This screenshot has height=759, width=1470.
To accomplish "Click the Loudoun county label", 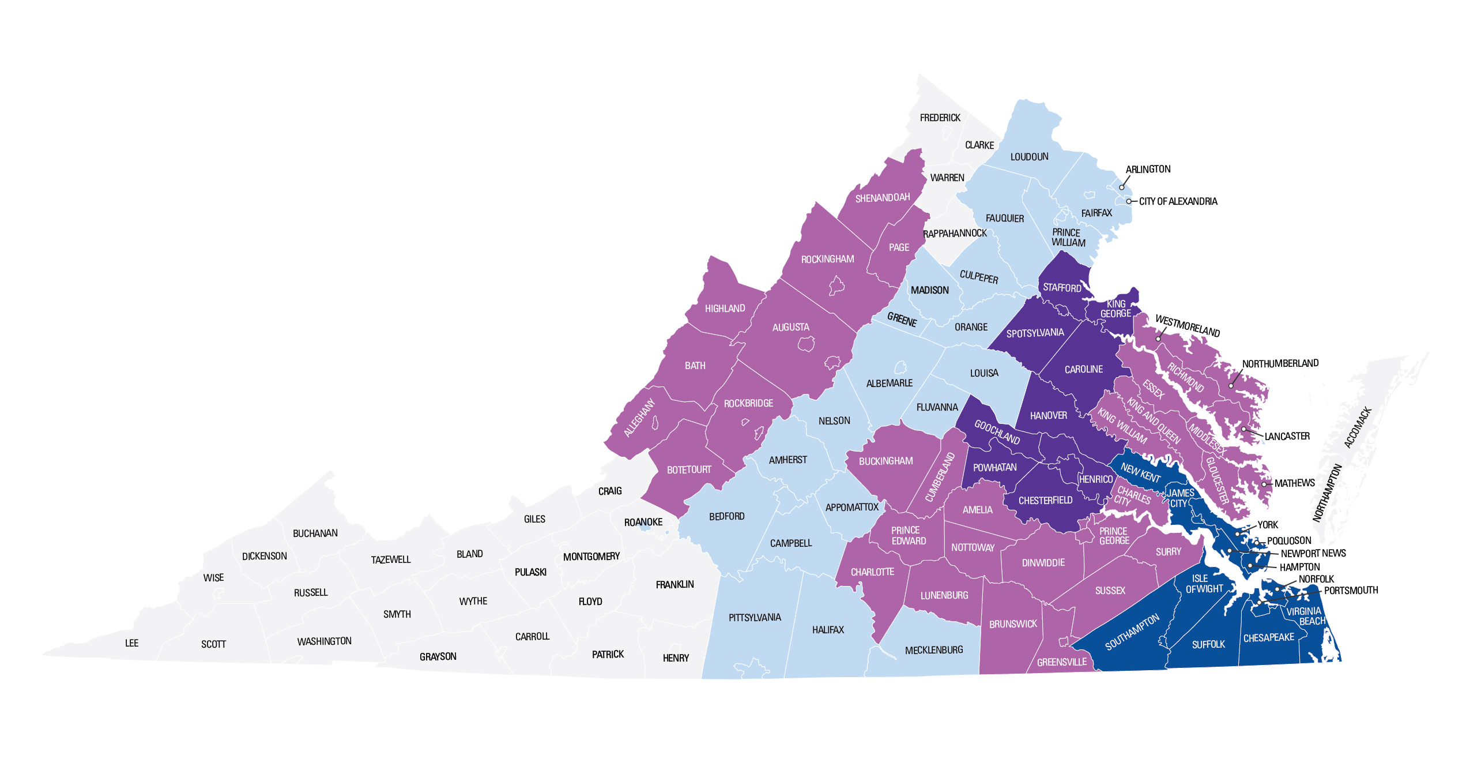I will click(1029, 157).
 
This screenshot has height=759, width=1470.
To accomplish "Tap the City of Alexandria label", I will click(1178, 201).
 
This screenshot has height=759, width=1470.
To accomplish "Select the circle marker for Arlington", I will click(1122, 187).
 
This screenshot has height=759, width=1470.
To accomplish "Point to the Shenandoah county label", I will click(882, 198).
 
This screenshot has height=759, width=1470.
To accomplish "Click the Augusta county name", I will click(790, 327).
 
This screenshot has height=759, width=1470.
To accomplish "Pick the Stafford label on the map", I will click(1061, 287).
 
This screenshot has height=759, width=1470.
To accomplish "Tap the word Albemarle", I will click(889, 383).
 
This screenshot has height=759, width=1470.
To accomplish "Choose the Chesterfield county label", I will click(1045, 501).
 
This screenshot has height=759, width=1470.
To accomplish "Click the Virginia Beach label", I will click(1306, 616).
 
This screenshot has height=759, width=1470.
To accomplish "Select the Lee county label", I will click(131, 643).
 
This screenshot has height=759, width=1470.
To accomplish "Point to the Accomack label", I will click(1358, 427).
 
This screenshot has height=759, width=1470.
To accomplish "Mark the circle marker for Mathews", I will click(1264, 484).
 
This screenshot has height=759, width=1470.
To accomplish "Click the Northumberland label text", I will click(1280, 363).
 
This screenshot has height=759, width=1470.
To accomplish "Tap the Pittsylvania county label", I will click(755, 618).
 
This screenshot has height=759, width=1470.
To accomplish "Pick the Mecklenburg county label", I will click(934, 650).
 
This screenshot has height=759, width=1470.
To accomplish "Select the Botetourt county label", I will click(689, 470).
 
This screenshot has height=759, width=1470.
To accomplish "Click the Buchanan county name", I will click(315, 533).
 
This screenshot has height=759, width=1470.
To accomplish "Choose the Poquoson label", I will click(1289, 540).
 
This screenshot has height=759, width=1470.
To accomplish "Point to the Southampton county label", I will click(1132, 632).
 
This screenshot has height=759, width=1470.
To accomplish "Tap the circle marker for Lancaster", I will click(1243, 429).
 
